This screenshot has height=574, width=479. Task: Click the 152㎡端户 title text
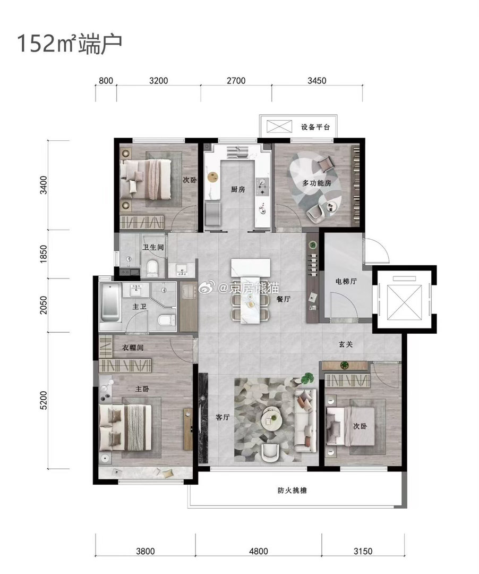[70, 44]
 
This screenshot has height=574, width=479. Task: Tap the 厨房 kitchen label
[238, 189]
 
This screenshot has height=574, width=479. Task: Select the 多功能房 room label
[317, 183]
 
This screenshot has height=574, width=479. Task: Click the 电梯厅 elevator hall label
[346, 281]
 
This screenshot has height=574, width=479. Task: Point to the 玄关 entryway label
[346, 344]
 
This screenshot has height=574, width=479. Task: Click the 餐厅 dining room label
[284, 299]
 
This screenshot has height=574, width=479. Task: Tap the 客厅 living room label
[223, 417]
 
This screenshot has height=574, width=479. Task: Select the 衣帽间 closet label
[132, 348]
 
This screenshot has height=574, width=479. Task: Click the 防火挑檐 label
[292, 491]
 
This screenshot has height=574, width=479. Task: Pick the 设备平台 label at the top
[315, 127]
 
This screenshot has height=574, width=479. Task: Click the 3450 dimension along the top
[317, 81]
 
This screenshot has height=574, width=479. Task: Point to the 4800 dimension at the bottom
[259, 551]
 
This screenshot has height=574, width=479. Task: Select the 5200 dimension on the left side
[44, 400]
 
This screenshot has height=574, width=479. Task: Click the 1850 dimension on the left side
[44, 254]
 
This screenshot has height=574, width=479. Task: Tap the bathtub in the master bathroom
[110, 302]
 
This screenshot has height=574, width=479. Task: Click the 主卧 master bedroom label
[142, 389]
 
